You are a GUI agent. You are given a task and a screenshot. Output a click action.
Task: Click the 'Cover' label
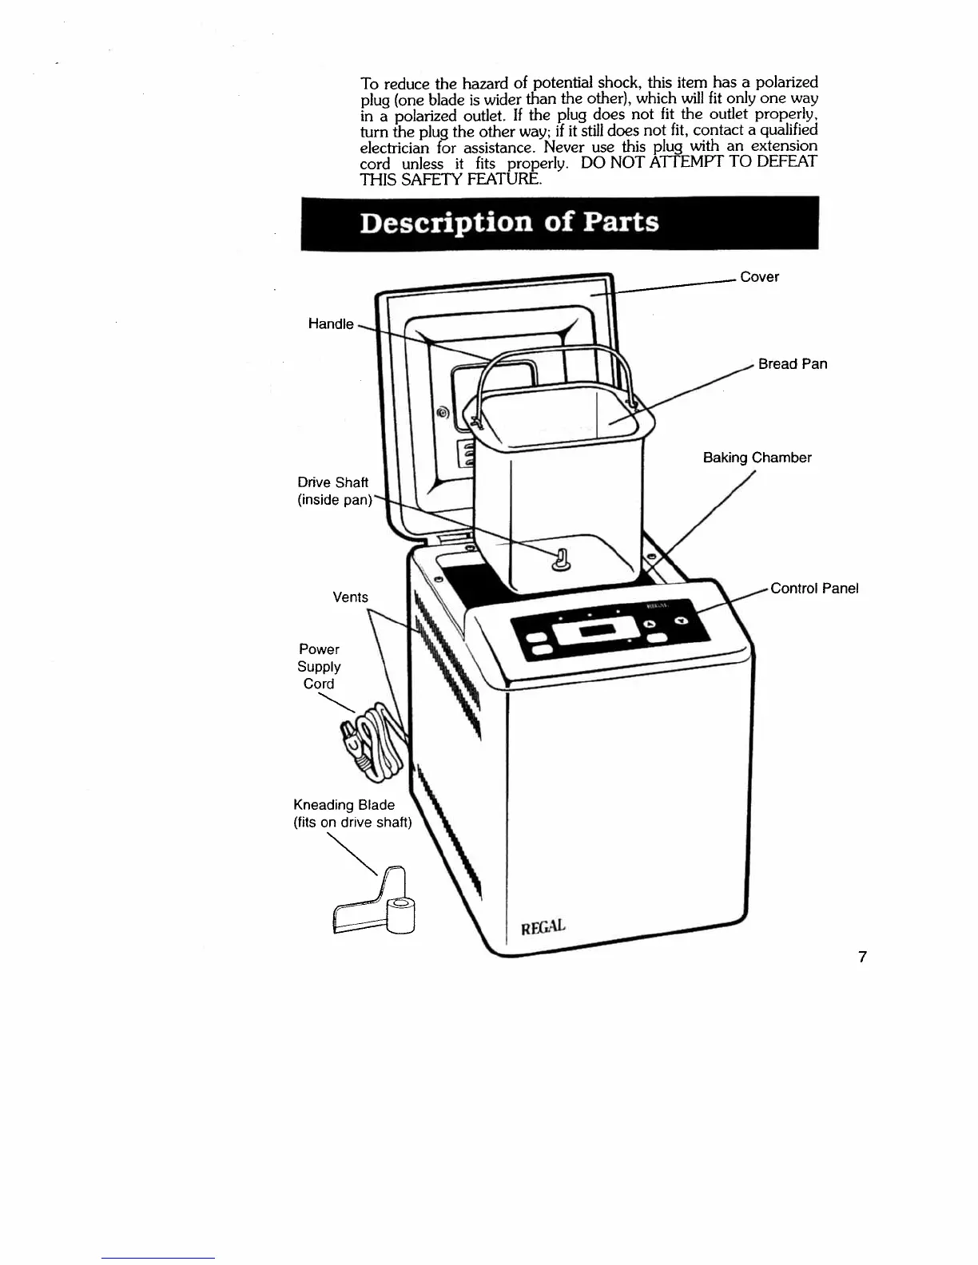[x=759, y=277]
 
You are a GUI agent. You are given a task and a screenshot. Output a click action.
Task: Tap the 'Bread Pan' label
[x=792, y=364]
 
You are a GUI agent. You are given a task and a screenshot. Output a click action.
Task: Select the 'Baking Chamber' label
[x=757, y=458]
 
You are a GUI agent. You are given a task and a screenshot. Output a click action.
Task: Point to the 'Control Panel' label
[x=813, y=589]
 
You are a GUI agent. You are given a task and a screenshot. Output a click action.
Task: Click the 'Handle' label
[x=330, y=323]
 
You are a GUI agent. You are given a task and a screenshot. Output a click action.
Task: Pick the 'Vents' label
[x=350, y=597]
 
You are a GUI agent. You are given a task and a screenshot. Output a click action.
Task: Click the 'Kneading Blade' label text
[x=344, y=805]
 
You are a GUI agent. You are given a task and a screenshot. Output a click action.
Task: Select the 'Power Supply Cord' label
[x=319, y=667]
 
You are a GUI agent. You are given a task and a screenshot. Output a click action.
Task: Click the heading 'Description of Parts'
[x=509, y=222]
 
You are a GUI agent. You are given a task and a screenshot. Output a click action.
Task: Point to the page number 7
[x=862, y=957]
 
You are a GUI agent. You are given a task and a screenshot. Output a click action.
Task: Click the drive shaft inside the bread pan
[x=560, y=558]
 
